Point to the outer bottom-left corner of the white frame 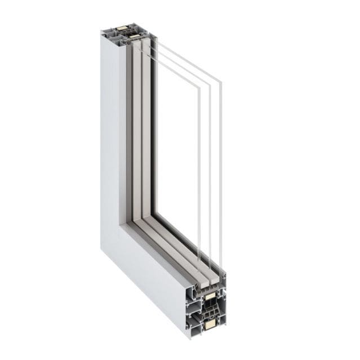pyautogui.click(x=102, y=247)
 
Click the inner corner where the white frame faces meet pyautogui.click(x=121, y=225)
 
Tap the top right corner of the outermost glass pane pyautogui.click(x=221, y=82)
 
